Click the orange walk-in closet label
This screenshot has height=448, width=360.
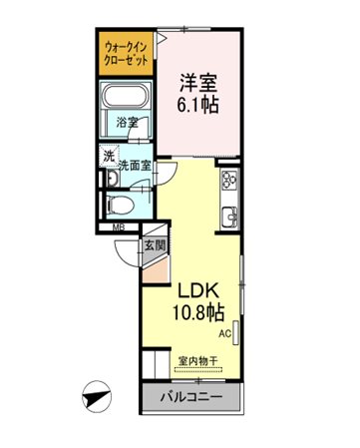pos(126,53)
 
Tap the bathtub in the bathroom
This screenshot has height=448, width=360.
pos(126,95)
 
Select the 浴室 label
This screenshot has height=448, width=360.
pos(128,123)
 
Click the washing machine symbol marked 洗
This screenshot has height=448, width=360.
pos(110,157)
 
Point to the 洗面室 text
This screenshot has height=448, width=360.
pos(136,165)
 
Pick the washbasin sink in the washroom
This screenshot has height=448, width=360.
pos(112,179)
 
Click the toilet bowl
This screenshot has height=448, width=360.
pos(120,205)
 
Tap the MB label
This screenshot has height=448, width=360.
pos(119,227)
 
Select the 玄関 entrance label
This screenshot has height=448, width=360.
pos(155,245)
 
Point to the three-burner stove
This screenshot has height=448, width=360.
pos(230,179)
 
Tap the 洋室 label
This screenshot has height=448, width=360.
pos(198,83)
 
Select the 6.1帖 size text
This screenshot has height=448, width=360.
pos(198,106)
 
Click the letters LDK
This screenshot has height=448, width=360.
pos(198,291)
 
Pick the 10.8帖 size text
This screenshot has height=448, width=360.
pos(198,312)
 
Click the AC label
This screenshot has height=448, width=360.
pos(224,333)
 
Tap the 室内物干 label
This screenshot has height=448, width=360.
pos(198,360)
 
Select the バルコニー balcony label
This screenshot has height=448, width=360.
pos(191,397)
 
